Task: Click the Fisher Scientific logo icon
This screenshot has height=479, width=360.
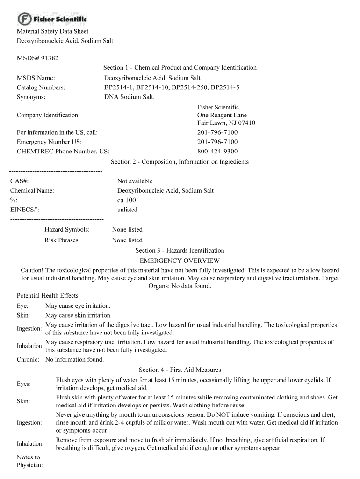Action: click(x=24, y=19)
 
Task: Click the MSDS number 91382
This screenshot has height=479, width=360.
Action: click(x=49, y=58)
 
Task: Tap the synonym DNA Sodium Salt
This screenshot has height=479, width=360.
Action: click(x=129, y=97)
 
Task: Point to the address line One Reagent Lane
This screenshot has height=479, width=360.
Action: click(x=222, y=115)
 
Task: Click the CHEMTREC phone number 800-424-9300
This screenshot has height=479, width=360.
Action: click(x=217, y=151)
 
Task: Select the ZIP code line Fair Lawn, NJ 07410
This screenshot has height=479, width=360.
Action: click(x=226, y=123)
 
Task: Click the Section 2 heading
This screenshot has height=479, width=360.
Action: click(x=180, y=162)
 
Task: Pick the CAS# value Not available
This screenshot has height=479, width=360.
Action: click(x=135, y=181)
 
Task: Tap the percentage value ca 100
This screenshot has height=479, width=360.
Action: click(x=126, y=200)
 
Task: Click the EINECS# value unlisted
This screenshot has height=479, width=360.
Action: click(x=127, y=210)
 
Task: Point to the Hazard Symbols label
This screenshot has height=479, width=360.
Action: click(x=67, y=230)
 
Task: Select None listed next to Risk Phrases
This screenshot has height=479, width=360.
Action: click(x=127, y=240)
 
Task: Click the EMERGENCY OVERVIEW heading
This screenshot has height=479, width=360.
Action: click(x=180, y=261)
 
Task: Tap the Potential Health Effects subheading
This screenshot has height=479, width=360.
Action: click(x=48, y=296)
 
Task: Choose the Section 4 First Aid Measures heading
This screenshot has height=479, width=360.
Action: click(x=180, y=370)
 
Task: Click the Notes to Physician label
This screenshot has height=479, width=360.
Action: click(x=29, y=461)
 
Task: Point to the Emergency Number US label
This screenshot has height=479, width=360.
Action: click(x=49, y=142)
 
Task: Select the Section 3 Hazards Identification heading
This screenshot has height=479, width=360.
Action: click(x=180, y=251)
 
